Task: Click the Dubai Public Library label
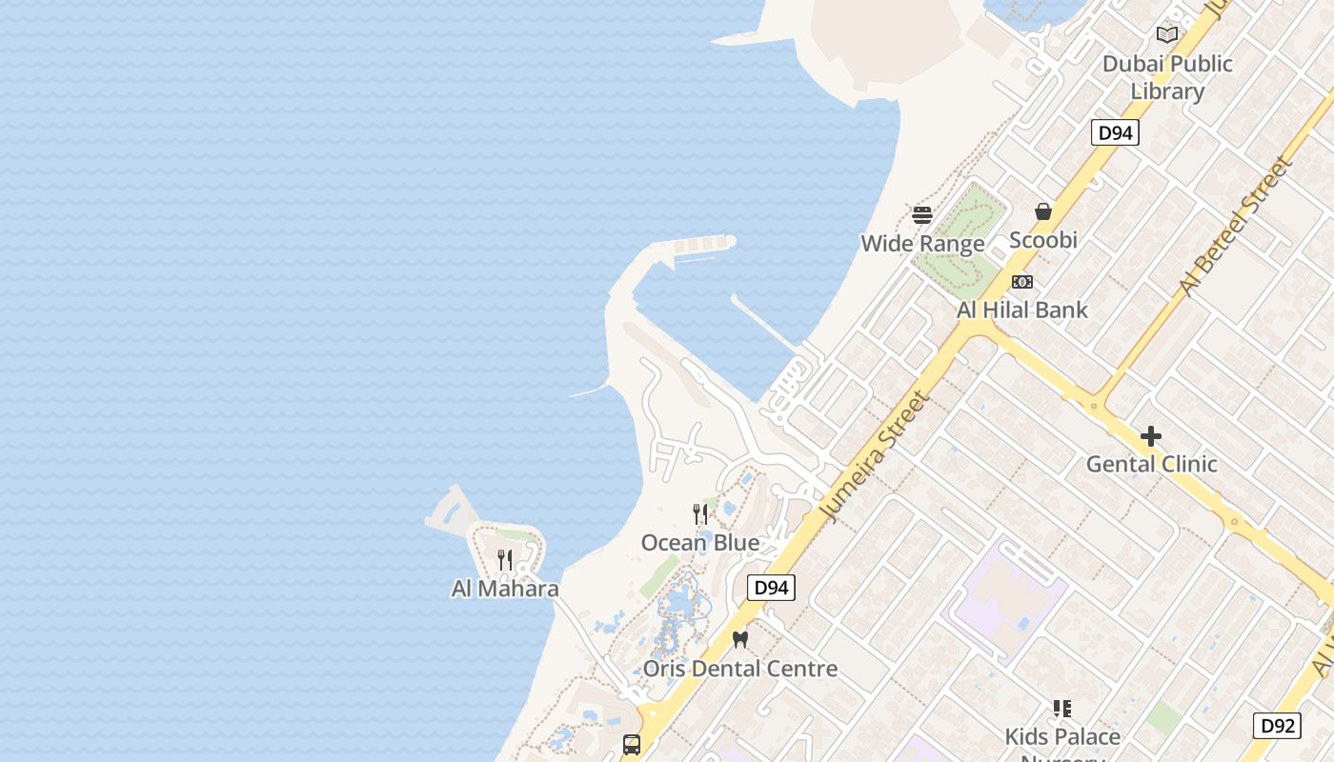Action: point(1167,77)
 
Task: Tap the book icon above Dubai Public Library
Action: point(1167,35)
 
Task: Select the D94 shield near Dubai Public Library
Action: point(1115,132)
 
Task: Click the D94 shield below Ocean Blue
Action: point(771,588)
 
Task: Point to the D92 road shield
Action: point(1276,726)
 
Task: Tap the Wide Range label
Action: point(922,244)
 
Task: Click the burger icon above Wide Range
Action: point(921,214)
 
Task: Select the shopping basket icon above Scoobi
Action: point(1043,211)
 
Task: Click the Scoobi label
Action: point(1043,240)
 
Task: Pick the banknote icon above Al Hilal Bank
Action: point(1022,282)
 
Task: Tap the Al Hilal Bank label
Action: point(1022,310)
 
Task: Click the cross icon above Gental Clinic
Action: point(1151,436)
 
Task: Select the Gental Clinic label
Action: point(1152,464)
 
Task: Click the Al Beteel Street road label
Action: point(1236,226)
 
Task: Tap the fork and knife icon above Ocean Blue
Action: point(700,514)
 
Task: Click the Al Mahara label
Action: point(505,589)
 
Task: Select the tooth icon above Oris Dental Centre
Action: point(740,639)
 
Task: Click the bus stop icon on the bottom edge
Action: point(631,744)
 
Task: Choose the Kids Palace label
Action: point(1062,736)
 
